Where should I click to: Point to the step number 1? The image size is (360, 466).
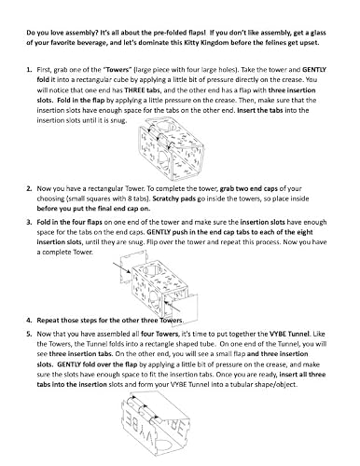coord(29,70)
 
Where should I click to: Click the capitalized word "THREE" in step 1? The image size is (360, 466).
coord(134,90)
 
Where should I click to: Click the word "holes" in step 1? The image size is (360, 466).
coord(228,70)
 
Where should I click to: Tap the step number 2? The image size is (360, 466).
coord(29,188)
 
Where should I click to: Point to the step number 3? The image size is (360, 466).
coord(29,222)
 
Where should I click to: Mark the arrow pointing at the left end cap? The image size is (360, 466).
coord(121,267)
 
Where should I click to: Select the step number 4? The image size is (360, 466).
coord(29,321)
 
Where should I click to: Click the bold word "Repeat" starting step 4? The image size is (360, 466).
coord(48,321)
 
